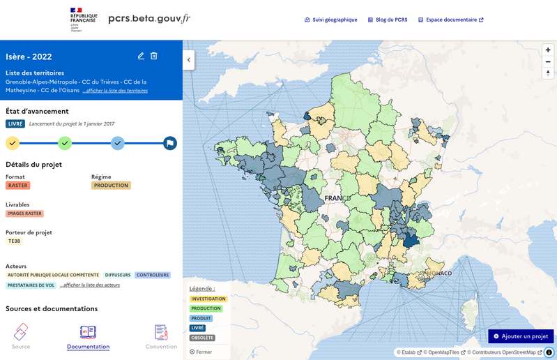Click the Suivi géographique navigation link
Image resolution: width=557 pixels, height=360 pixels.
(x=331, y=20)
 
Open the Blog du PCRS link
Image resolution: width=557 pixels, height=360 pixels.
(x=387, y=20)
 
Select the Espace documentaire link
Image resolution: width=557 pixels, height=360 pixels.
(x=450, y=20)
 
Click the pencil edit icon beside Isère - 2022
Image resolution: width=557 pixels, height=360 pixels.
(x=141, y=56)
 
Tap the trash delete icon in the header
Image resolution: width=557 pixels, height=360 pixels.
(x=154, y=56)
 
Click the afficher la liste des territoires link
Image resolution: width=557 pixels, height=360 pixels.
(x=115, y=91)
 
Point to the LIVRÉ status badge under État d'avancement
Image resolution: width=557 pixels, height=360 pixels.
(x=15, y=123)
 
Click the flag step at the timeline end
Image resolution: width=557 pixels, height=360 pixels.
(x=170, y=143)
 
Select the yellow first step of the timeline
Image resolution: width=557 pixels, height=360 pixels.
(x=13, y=143)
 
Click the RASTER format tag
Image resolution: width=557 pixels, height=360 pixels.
(x=17, y=186)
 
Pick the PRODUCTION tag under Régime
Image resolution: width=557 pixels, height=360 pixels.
(x=111, y=186)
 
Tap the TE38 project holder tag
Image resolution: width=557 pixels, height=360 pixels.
(x=14, y=241)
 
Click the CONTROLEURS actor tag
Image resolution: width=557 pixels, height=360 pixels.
(x=152, y=275)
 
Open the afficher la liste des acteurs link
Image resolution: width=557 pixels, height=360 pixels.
(x=90, y=285)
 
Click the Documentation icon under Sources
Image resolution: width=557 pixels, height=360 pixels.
(x=88, y=332)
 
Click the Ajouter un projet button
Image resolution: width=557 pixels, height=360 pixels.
(x=521, y=336)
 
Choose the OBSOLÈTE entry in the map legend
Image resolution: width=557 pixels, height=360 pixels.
(x=201, y=338)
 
